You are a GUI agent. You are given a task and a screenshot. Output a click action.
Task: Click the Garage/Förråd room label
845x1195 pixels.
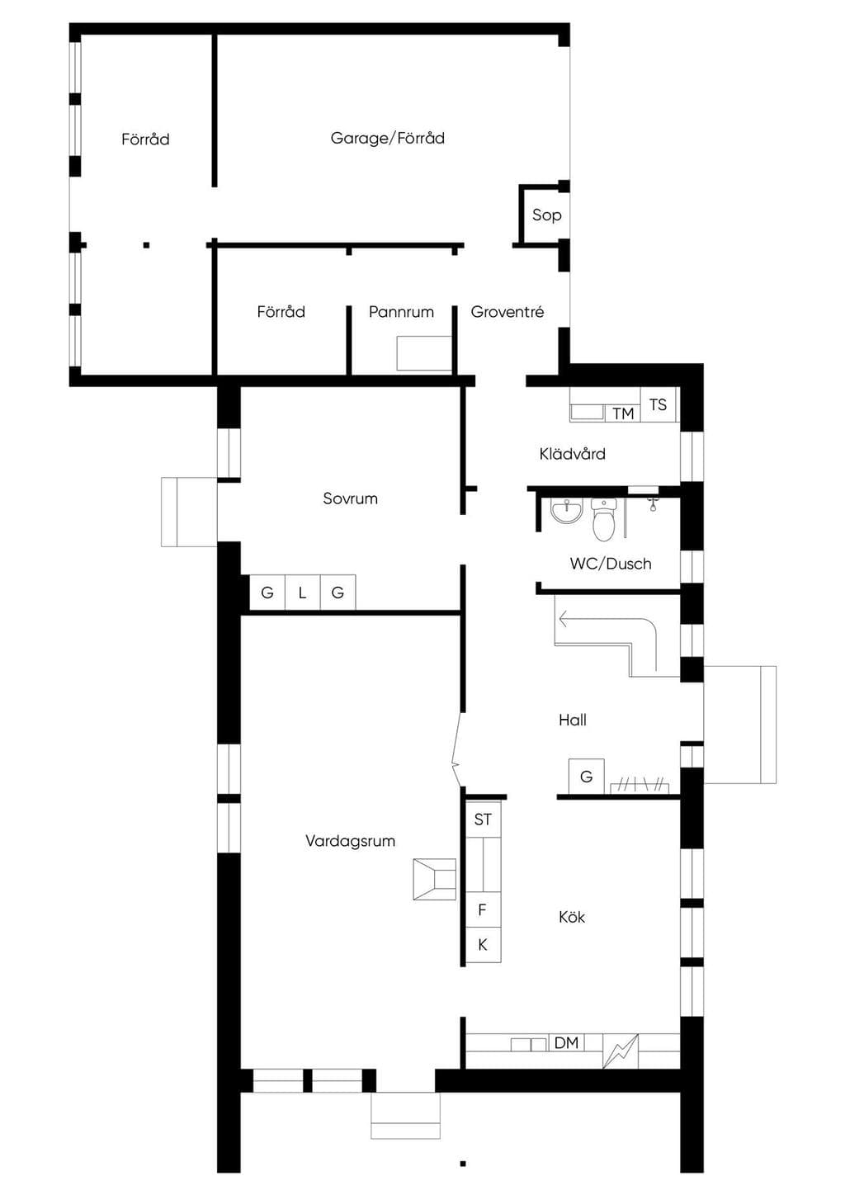tap(387, 138)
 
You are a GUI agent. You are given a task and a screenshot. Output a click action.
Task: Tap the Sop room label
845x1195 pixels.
tap(547, 215)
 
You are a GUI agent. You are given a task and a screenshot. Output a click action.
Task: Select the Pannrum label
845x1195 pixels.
tap(401, 312)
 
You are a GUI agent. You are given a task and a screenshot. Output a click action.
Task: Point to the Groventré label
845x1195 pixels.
tap(507, 312)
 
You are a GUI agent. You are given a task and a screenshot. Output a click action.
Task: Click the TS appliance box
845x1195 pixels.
tap(659, 404)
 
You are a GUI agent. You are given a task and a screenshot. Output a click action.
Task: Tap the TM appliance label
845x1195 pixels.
tap(623, 413)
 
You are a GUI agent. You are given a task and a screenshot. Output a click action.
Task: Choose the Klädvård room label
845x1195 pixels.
tap(573, 454)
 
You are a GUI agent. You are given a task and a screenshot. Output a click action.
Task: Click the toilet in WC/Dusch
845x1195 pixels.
tap(604, 518)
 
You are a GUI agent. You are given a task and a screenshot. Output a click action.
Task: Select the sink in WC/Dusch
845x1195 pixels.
tap(567, 511)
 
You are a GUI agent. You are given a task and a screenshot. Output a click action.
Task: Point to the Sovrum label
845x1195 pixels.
tap(351, 498)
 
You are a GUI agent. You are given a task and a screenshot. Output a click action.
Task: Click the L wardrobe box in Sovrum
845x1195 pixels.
tap(303, 593)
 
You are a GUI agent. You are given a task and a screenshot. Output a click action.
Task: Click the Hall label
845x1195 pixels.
tap(573, 720)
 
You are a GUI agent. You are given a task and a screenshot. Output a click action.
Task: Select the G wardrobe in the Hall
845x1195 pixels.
tap(586, 777)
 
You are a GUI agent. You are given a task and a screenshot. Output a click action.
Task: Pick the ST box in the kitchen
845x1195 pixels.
tap(484, 820)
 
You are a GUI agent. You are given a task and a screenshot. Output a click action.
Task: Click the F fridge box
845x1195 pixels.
tap(484, 909)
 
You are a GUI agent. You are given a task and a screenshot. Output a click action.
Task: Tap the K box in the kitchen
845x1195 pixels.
tap(484, 945)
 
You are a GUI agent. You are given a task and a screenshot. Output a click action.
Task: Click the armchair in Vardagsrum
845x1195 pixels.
tap(435, 879)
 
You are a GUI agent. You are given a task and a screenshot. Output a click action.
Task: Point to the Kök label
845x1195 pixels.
tap(572, 918)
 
